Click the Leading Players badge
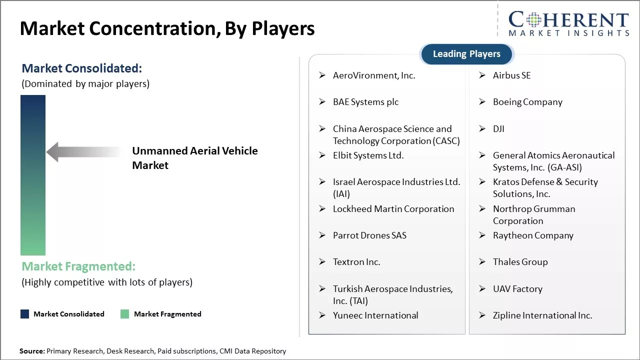[466, 54]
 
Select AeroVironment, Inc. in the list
[374, 75]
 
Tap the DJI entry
[498, 129]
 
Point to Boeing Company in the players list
[527, 102]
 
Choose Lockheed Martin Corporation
[393, 209]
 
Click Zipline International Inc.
[542, 315]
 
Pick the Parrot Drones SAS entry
[369, 235]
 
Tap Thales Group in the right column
[520, 262]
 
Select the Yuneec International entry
[375, 315]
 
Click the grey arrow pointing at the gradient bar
[82, 152]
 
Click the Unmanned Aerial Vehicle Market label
[194, 158]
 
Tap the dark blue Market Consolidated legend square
[24, 314]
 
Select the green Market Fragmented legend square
[125, 314]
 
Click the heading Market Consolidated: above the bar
[81, 68]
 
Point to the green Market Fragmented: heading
[78, 266]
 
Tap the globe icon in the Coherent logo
[533, 19]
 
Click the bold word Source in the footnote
[31, 351]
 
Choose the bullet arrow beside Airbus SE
[482, 75]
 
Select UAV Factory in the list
[517, 289]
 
